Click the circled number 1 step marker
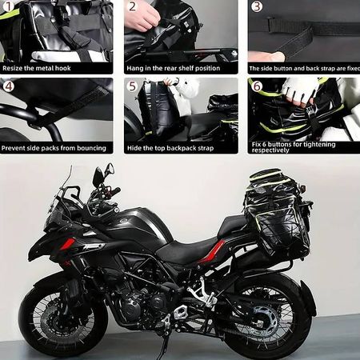pos(9,6)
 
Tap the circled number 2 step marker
pos(132,6)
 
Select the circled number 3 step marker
pos(257,6)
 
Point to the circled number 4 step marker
pos(9,86)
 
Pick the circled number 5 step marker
pos(133,86)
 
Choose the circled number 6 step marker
pos(257,86)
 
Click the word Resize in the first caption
pos(13,68)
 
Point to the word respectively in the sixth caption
pos(270,150)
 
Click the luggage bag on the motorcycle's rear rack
pos(278,214)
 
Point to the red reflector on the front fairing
pos(67,244)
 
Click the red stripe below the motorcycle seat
pos(216,251)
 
